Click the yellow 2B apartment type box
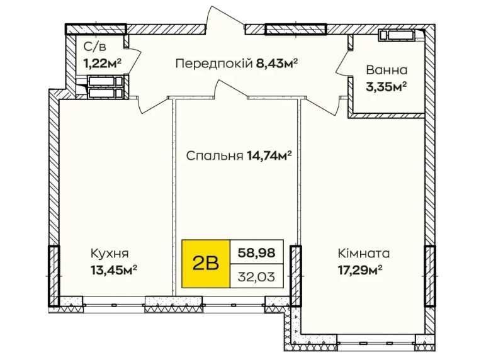pos(206,264)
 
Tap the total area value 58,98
pos(256,253)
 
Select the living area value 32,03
pos(256,277)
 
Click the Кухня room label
pos(110,254)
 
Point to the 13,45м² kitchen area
pos(114,270)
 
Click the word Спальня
pos(214,156)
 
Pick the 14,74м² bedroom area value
pos(269,155)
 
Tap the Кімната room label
pos(364,254)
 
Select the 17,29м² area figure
pos(359,270)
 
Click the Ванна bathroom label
pos(387,70)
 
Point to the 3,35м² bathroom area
pos(386,87)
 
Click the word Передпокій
pos(214,64)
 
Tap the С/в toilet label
pos(94,47)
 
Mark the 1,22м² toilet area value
pos(102,64)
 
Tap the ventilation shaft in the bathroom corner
pos(397,35)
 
